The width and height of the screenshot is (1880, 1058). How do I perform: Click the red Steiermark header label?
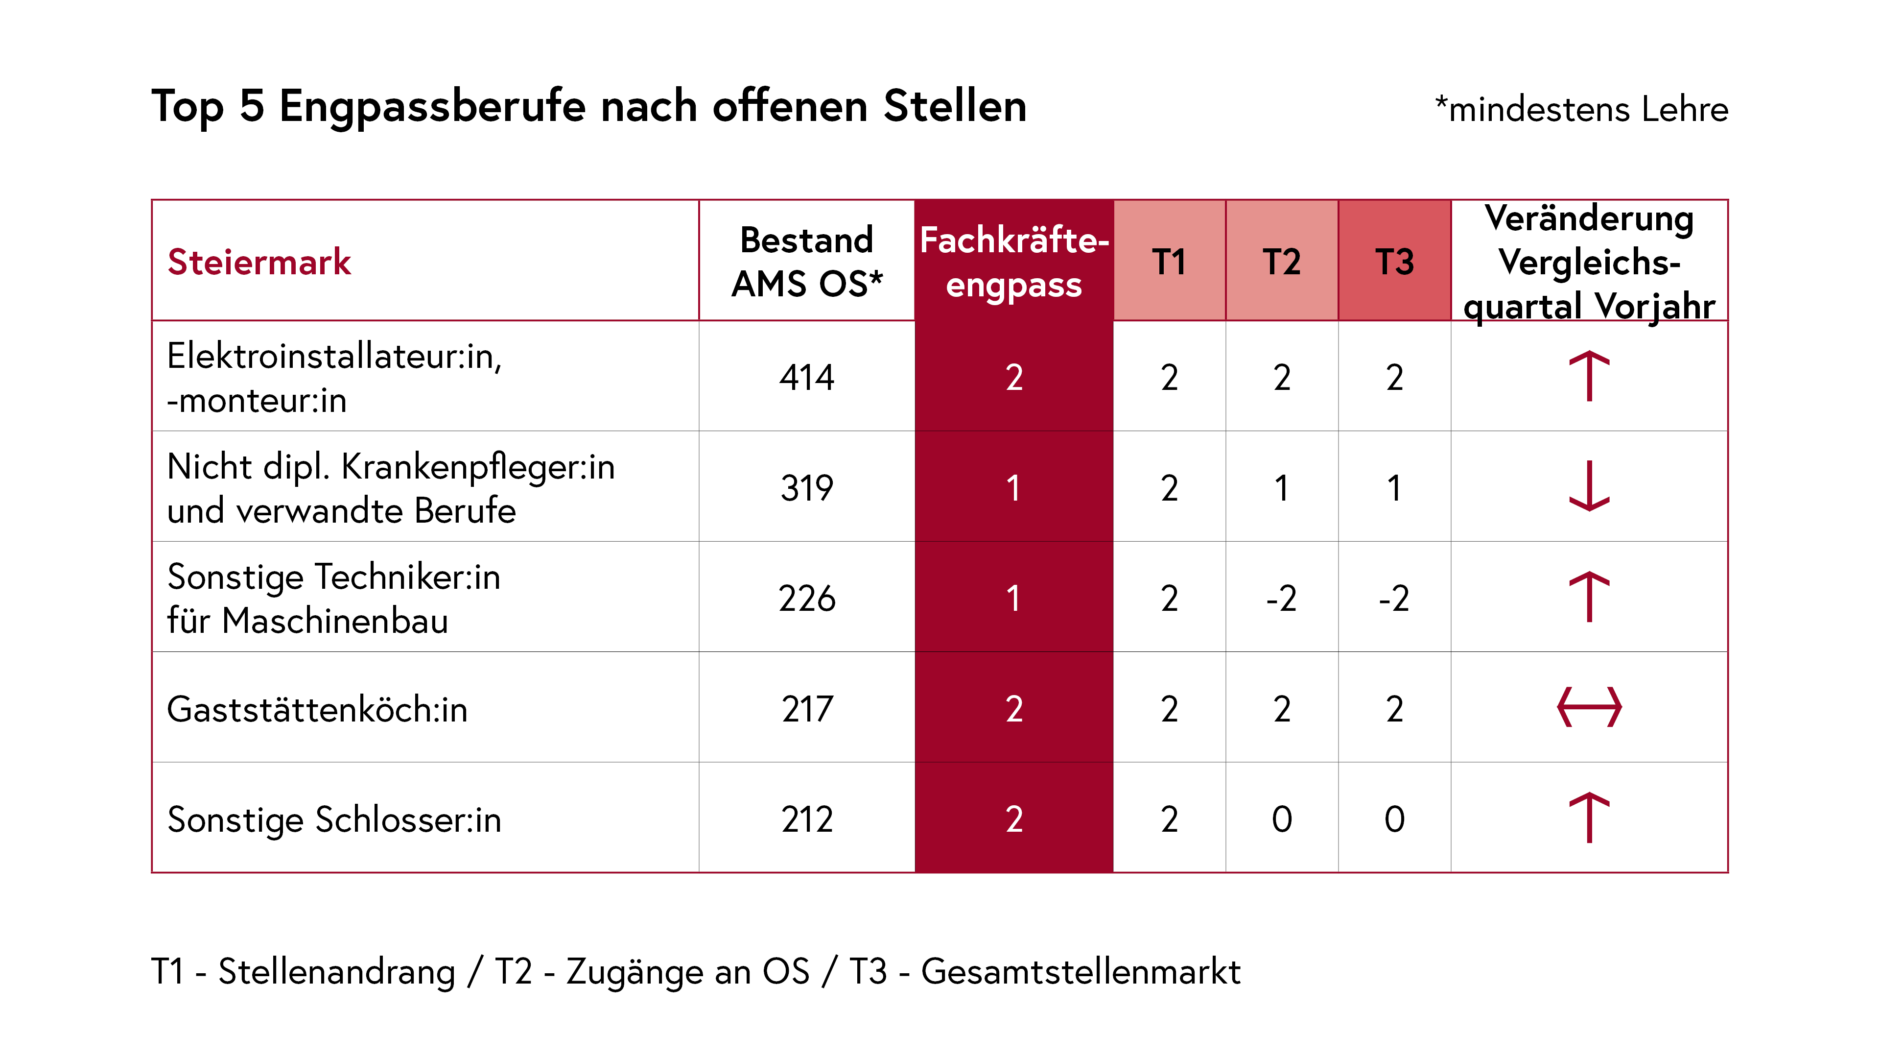[259, 262]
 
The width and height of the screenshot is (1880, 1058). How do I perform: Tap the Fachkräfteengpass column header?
[1014, 262]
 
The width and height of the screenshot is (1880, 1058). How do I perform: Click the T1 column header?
[1169, 262]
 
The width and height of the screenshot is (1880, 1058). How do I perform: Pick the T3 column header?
[1394, 262]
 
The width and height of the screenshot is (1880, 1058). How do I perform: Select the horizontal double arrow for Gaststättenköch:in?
[1589, 707]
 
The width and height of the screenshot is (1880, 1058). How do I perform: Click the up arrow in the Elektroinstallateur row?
[1589, 376]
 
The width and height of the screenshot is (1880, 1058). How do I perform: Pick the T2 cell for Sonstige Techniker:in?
[1282, 598]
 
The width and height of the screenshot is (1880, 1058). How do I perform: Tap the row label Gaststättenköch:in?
[317, 709]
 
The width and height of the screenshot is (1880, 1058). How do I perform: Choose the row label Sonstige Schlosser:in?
[334, 819]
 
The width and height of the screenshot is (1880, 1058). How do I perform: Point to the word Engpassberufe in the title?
[432, 107]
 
